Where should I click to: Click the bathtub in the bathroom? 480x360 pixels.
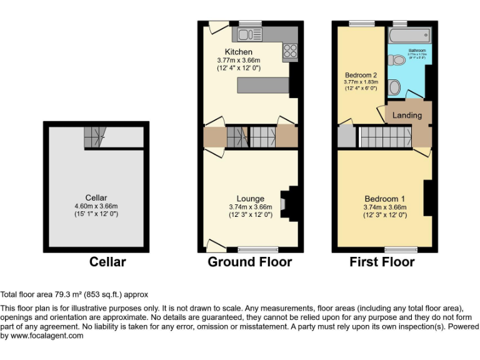click(410, 35)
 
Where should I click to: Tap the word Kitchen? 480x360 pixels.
click(239, 52)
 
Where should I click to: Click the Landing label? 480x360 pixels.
click(407, 115)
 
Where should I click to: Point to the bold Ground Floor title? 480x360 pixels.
click(249, 262)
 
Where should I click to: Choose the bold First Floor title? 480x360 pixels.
click(381, 262)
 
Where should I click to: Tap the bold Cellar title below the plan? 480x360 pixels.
click(107, 262)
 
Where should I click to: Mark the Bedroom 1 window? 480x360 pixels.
click(401, 250)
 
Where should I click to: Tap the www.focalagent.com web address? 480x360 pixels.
click(47, 336)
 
